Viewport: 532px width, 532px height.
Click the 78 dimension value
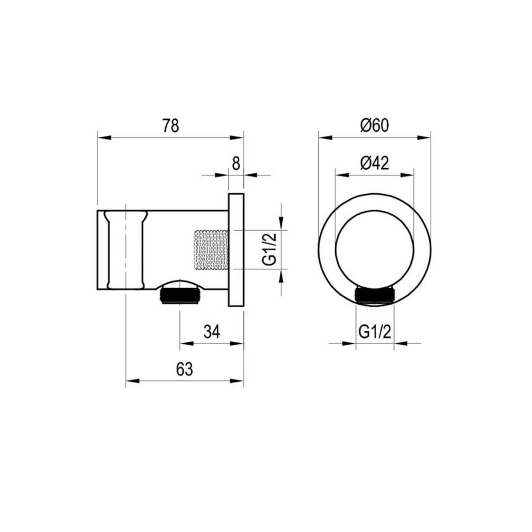click(x=171, y=126)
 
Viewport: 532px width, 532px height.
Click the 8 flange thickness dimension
click(x=236, y=164)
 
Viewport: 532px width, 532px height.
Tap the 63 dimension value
click(x=184, y=369)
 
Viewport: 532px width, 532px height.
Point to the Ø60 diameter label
click(x=374, y=126)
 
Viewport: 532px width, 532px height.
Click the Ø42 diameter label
click(x=374, y=164)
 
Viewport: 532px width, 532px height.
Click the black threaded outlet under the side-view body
click(x=180, y=295)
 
